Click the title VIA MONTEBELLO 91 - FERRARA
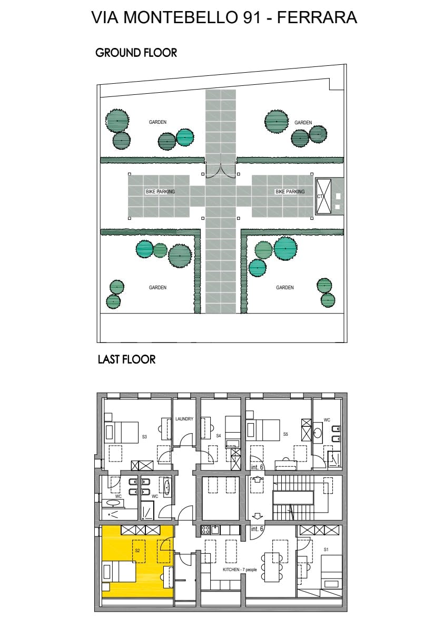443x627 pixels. [x=224, y=17]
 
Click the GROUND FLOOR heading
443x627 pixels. [x=136, y=53]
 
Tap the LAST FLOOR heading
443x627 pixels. [x=126, y=359]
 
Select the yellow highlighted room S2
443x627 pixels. [x=137, y=561]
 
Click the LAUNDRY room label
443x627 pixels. [x=184, y=419]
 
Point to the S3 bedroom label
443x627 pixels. [x=144, y=437]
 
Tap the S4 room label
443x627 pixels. [x=219, y=436]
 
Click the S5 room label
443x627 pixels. [x=285, y=434]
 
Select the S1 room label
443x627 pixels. [x=326, y=550]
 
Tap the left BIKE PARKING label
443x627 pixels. [x=160, y=192]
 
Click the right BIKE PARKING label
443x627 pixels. [x=290, y=192]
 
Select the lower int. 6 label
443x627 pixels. [x=257, y=528]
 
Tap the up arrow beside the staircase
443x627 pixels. [x=257, y=479]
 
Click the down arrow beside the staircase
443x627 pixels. [x=258, y=516]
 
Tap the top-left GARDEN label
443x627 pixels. [x=157, y=122]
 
